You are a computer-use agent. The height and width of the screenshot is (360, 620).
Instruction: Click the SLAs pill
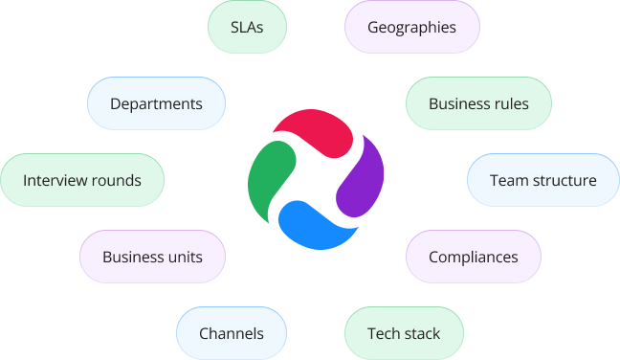248,27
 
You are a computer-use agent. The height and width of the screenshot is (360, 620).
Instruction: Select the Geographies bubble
411,27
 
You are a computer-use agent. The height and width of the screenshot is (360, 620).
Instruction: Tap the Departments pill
156,103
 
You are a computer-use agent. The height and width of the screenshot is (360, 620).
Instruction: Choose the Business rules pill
478,103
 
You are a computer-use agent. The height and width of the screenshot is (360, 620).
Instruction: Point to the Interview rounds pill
82,180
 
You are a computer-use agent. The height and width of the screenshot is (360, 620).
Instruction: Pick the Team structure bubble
542,180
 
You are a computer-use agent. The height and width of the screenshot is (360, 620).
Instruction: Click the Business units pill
153,257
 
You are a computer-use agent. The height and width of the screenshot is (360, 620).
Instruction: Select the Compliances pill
474,257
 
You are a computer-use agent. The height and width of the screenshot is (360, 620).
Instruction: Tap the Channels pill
231,333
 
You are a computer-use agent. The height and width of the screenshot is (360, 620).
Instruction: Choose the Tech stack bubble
404,333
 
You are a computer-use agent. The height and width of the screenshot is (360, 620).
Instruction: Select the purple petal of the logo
362,180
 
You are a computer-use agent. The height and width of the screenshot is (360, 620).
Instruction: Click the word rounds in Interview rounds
116,180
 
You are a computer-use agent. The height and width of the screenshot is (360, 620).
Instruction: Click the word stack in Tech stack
421,333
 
